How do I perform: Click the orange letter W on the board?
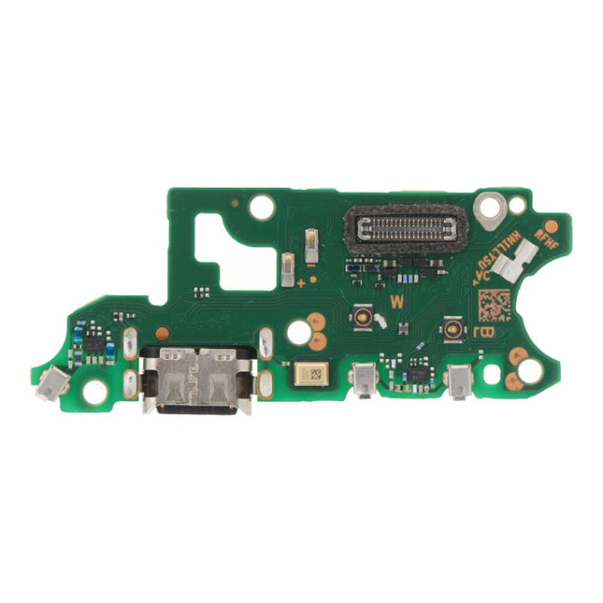coord(396,302)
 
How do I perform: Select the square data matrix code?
coord(495,305)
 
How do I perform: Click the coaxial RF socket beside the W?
coord(362,319)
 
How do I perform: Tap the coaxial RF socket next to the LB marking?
coord(453,326)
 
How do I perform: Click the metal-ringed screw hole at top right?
coord(488,206)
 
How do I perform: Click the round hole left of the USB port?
coord(95,391)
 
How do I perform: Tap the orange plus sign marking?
coord(300,280)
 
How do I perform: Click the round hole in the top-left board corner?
coord(262,207)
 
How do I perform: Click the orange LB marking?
coord(484,331)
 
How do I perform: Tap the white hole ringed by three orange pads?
coord(298,331)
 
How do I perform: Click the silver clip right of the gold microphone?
coord(362,380)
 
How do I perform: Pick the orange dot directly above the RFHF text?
coord(552,226)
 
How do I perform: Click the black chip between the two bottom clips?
coord(415,375)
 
